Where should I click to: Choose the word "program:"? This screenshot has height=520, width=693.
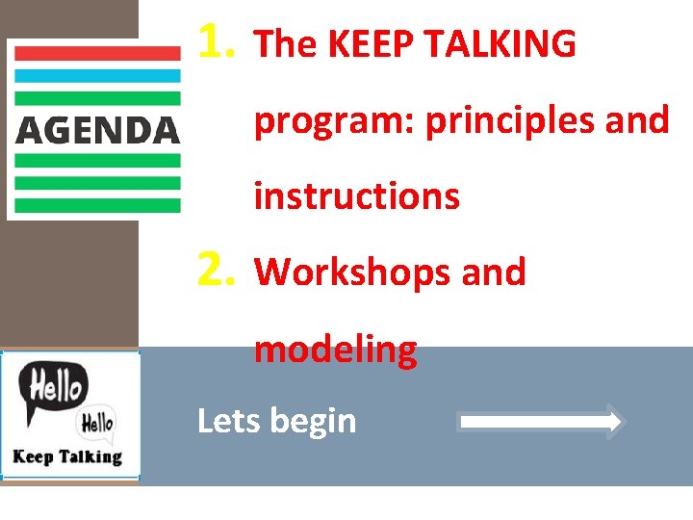pyautogui.click(x=334, y=121)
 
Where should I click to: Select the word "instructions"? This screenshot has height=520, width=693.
pyautogui.click(x=356, y=196)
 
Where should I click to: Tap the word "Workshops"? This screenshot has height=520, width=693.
pyautogui.click(x=352, y=273)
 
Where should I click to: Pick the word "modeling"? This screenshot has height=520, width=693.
pyautogui.click(x=335, y=350)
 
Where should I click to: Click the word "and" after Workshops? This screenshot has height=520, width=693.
pyautogui.click(x=494, y=273)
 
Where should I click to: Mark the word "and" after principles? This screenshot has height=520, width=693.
pyautogui.click(x=638, y=120)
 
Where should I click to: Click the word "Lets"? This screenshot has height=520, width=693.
pyautogui.click(x=228, y=421)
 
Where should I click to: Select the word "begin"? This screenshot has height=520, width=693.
pyautogui.click(x=313, y=422)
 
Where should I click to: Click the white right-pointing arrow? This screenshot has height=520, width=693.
pyautogui.click(x=542, y=422)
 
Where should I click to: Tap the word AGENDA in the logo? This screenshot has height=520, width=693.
pyautogui.click(x=97, y=129)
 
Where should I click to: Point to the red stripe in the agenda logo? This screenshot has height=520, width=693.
pyautogui.click(x=97, y=54)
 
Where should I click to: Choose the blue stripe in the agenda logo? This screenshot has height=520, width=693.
pyautogui.click(x=97, y=75)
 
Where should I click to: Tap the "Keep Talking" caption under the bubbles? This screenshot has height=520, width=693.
pyautogui.click(x=67, y=456)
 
